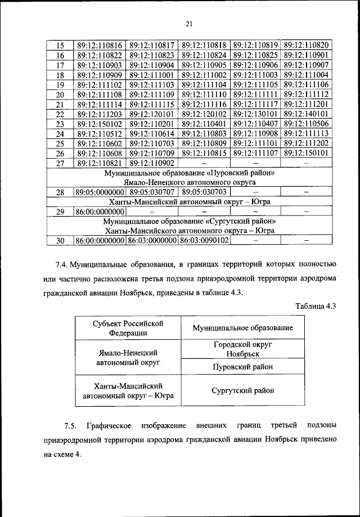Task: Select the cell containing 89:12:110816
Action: coord(99,45)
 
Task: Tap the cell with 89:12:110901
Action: coord(307,55)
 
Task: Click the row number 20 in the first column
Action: coord(61,95)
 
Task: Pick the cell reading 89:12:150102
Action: coord(99,124)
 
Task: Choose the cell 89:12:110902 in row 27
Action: coord(152,163)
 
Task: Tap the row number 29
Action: coord(61,212)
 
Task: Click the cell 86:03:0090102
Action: coord(204,241)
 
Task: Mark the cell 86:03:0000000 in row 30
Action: coord(152,241)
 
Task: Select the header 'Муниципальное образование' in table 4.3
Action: coord(242,327)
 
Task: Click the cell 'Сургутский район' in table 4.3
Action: coord(242,390)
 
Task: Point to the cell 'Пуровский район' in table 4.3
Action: coord(242,367)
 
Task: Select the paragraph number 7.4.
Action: coord(62,263)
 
